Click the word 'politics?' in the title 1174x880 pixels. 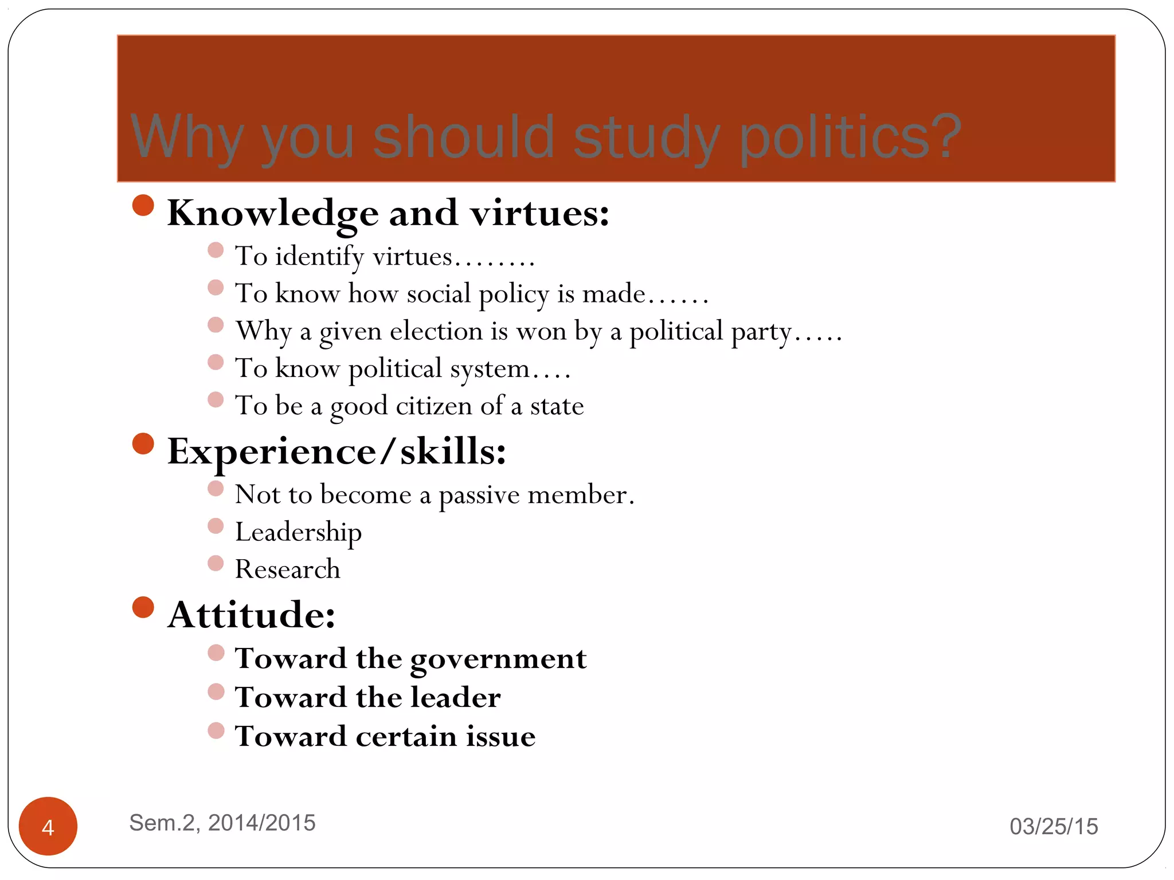click(x=850, y=137)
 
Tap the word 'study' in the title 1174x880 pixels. click(x=646, y=137)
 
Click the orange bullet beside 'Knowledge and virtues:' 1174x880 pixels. click(x=143, y=206)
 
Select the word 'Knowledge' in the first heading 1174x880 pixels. click(x=273, y=213)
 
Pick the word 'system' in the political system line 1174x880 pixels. click(x=490, y=370)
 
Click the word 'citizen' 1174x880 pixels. click(x=434, y=406)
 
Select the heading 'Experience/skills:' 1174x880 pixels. click(x=336, y=451)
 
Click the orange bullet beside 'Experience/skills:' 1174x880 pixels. click(x=143, y=443)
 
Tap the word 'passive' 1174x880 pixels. click(x=479, y=495)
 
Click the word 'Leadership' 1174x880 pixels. click(x=298, y=533)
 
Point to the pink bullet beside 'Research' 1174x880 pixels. click(x=216, y=563)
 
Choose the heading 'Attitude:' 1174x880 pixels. click(x=251, y=615)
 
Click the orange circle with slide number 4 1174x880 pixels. click(x=48, y=826)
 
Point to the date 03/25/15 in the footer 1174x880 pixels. click(x=1054, y=827)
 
